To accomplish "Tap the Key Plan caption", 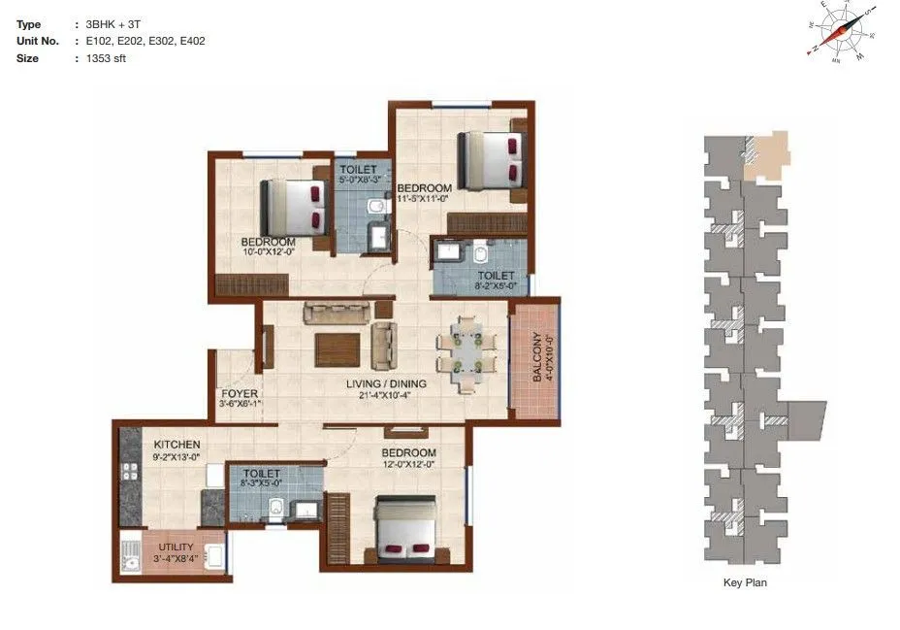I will click(745, 583).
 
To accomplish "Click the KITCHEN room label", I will click(177, 445).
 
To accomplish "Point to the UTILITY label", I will click(176, 547).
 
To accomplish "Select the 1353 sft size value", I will click(106, 58).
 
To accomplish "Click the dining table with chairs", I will click(466, 352).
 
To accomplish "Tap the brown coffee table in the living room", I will click(337, 348).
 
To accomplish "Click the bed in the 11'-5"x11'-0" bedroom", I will click(491, 159).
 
